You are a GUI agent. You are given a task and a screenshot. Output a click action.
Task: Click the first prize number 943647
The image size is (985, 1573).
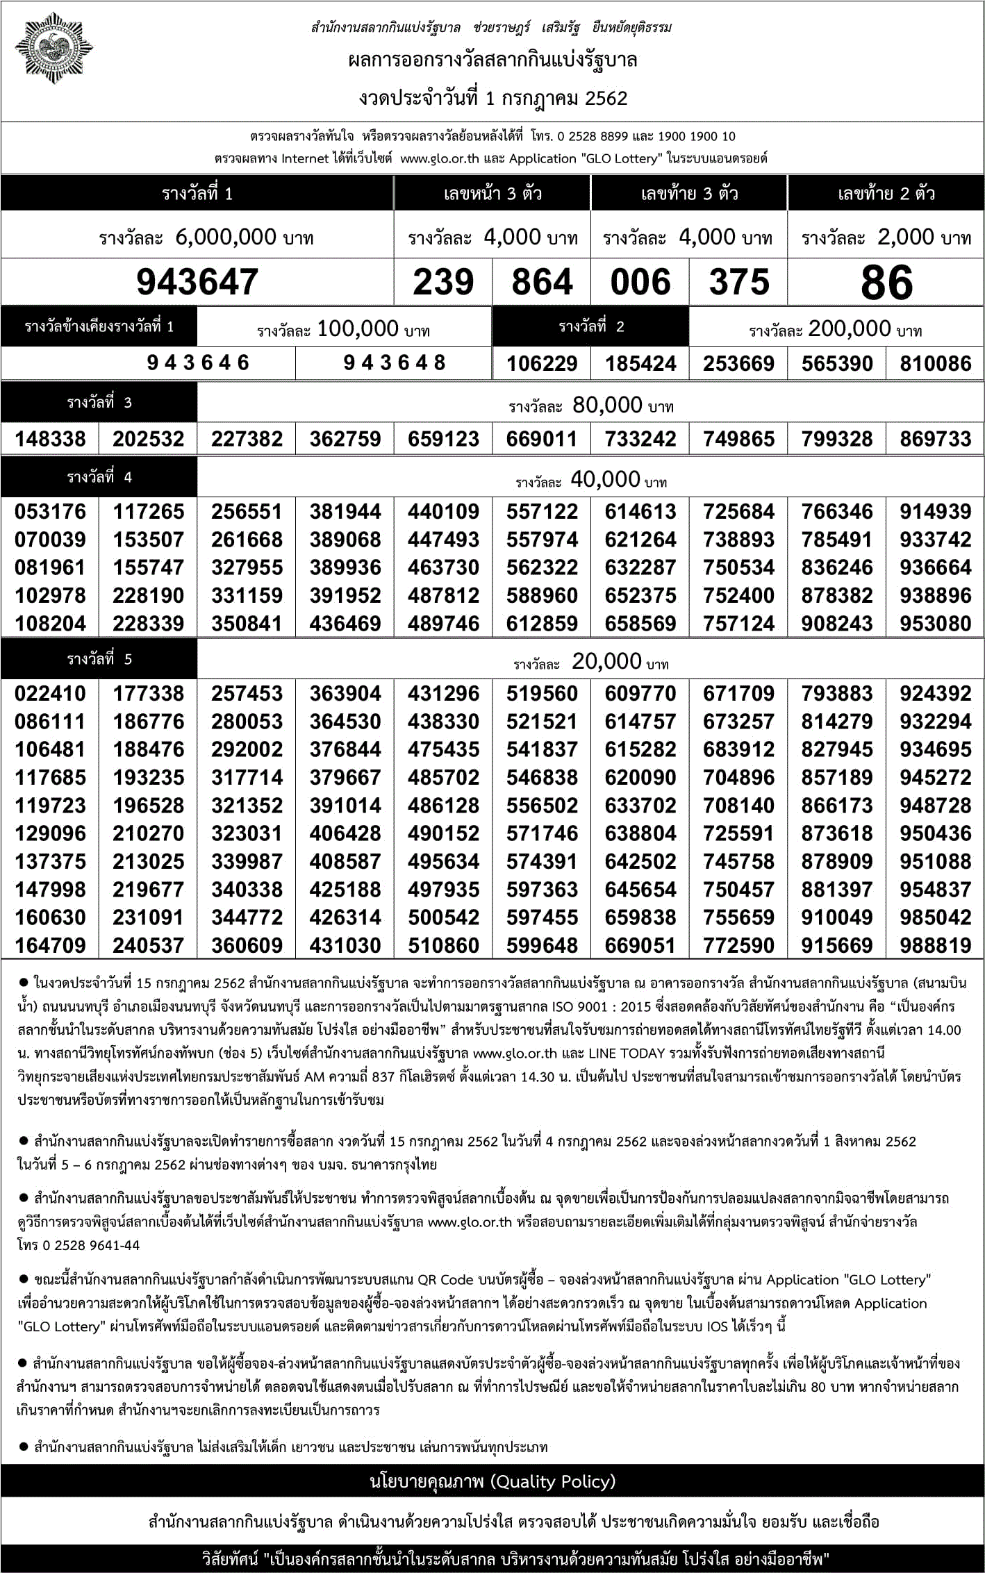pyautogui.click(x=197, y=282)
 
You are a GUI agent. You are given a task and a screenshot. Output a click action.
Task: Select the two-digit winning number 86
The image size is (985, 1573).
pyautogui.click(x=886, y=282)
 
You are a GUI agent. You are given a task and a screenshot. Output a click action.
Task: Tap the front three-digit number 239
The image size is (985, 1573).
pyautogui.click(x=443, y=282)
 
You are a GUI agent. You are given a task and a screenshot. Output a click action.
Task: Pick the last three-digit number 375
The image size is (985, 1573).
pyautogui.click(x=739, y=282)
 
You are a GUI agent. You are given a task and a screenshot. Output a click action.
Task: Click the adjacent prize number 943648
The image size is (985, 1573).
pyautogui.click(x=394, y=363)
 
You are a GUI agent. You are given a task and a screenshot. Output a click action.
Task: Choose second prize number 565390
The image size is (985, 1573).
pyautogui.click(x=837, y=363)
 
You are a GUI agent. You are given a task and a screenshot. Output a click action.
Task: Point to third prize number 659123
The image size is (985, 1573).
pyautogui.click(x=443, y=439)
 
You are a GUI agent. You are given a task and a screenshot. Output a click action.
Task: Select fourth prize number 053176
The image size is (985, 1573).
pyautogui.click(x=50, y=512)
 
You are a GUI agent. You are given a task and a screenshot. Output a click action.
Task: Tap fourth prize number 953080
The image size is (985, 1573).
pyautogui.click(x=935, y=624)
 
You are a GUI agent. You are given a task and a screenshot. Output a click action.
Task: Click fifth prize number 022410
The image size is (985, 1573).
pyautogui.click(x=50, y=693)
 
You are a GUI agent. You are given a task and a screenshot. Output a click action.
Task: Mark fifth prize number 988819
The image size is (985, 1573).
pyautogui.click(x=935, y=945)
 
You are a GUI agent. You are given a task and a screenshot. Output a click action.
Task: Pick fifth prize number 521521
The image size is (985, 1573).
pyautogui.click(x=542, y=722)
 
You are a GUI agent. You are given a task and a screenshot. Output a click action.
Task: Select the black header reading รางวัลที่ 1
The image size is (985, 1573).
pyautogui.click(x=197, y=194)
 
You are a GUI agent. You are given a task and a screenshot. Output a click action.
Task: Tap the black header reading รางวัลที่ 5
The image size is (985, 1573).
pyautogui.click(x=99, y=659)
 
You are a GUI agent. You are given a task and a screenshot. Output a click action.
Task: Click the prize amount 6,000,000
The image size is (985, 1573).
pyautogui.click(x=226, y=238)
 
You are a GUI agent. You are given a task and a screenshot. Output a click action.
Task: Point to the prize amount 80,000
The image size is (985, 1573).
pyautogui.click(x=606, y=405)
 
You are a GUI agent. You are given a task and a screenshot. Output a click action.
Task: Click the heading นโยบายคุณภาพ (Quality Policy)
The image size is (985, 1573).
pyautogui.click(x=492, y=1481)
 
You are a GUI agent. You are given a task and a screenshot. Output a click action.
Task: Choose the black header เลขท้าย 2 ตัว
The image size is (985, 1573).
pyautogui.click(x=886, y=194)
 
